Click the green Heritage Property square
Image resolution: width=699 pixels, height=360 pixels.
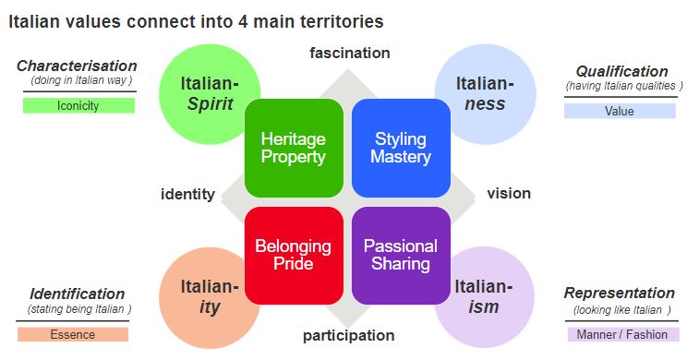pyautogui.click(x=294, y=148)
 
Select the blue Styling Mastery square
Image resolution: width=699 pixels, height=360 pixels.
pyautogui.click(x=400, y=148)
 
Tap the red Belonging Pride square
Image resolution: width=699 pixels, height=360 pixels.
pyautogui.click(x=294, y=255)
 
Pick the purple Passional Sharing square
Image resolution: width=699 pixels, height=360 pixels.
pyautogui.click(x=400, y=255)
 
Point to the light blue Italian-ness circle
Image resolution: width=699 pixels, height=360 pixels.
pyautogui.click(x=483, y=92)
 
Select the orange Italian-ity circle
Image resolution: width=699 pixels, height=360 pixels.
pyautogui.click(x=206, y=295)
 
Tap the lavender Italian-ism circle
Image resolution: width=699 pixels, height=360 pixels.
pyautogui.click(x=483, y=295)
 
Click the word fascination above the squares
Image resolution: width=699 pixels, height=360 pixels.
pyautogui.click(x=349, y=53)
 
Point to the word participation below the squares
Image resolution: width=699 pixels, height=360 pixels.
pyautogui.click(x=349, y=335)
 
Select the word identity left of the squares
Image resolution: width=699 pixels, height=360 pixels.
pyautogui.click(x=187, y=194)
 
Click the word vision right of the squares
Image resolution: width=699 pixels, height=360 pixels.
pyautogui.click(x=509, y=194)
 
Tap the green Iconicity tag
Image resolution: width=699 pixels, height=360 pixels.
pyautogui.click(x=78, y=105)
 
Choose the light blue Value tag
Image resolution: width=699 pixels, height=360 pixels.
pyautogui.click(x=620, y=111)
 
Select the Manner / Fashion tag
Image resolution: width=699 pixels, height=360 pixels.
pyautogui.click(x=622, y=334)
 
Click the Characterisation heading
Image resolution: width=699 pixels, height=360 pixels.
pyautogui.click(x=77, y=66)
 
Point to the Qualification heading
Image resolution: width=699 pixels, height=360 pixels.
pyautogui.click(x=621, y=71)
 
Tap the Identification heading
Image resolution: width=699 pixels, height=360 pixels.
pyautogui.click(x=77, y=294)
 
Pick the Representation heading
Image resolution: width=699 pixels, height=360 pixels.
pyautogui.click(x=620, y=294)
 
